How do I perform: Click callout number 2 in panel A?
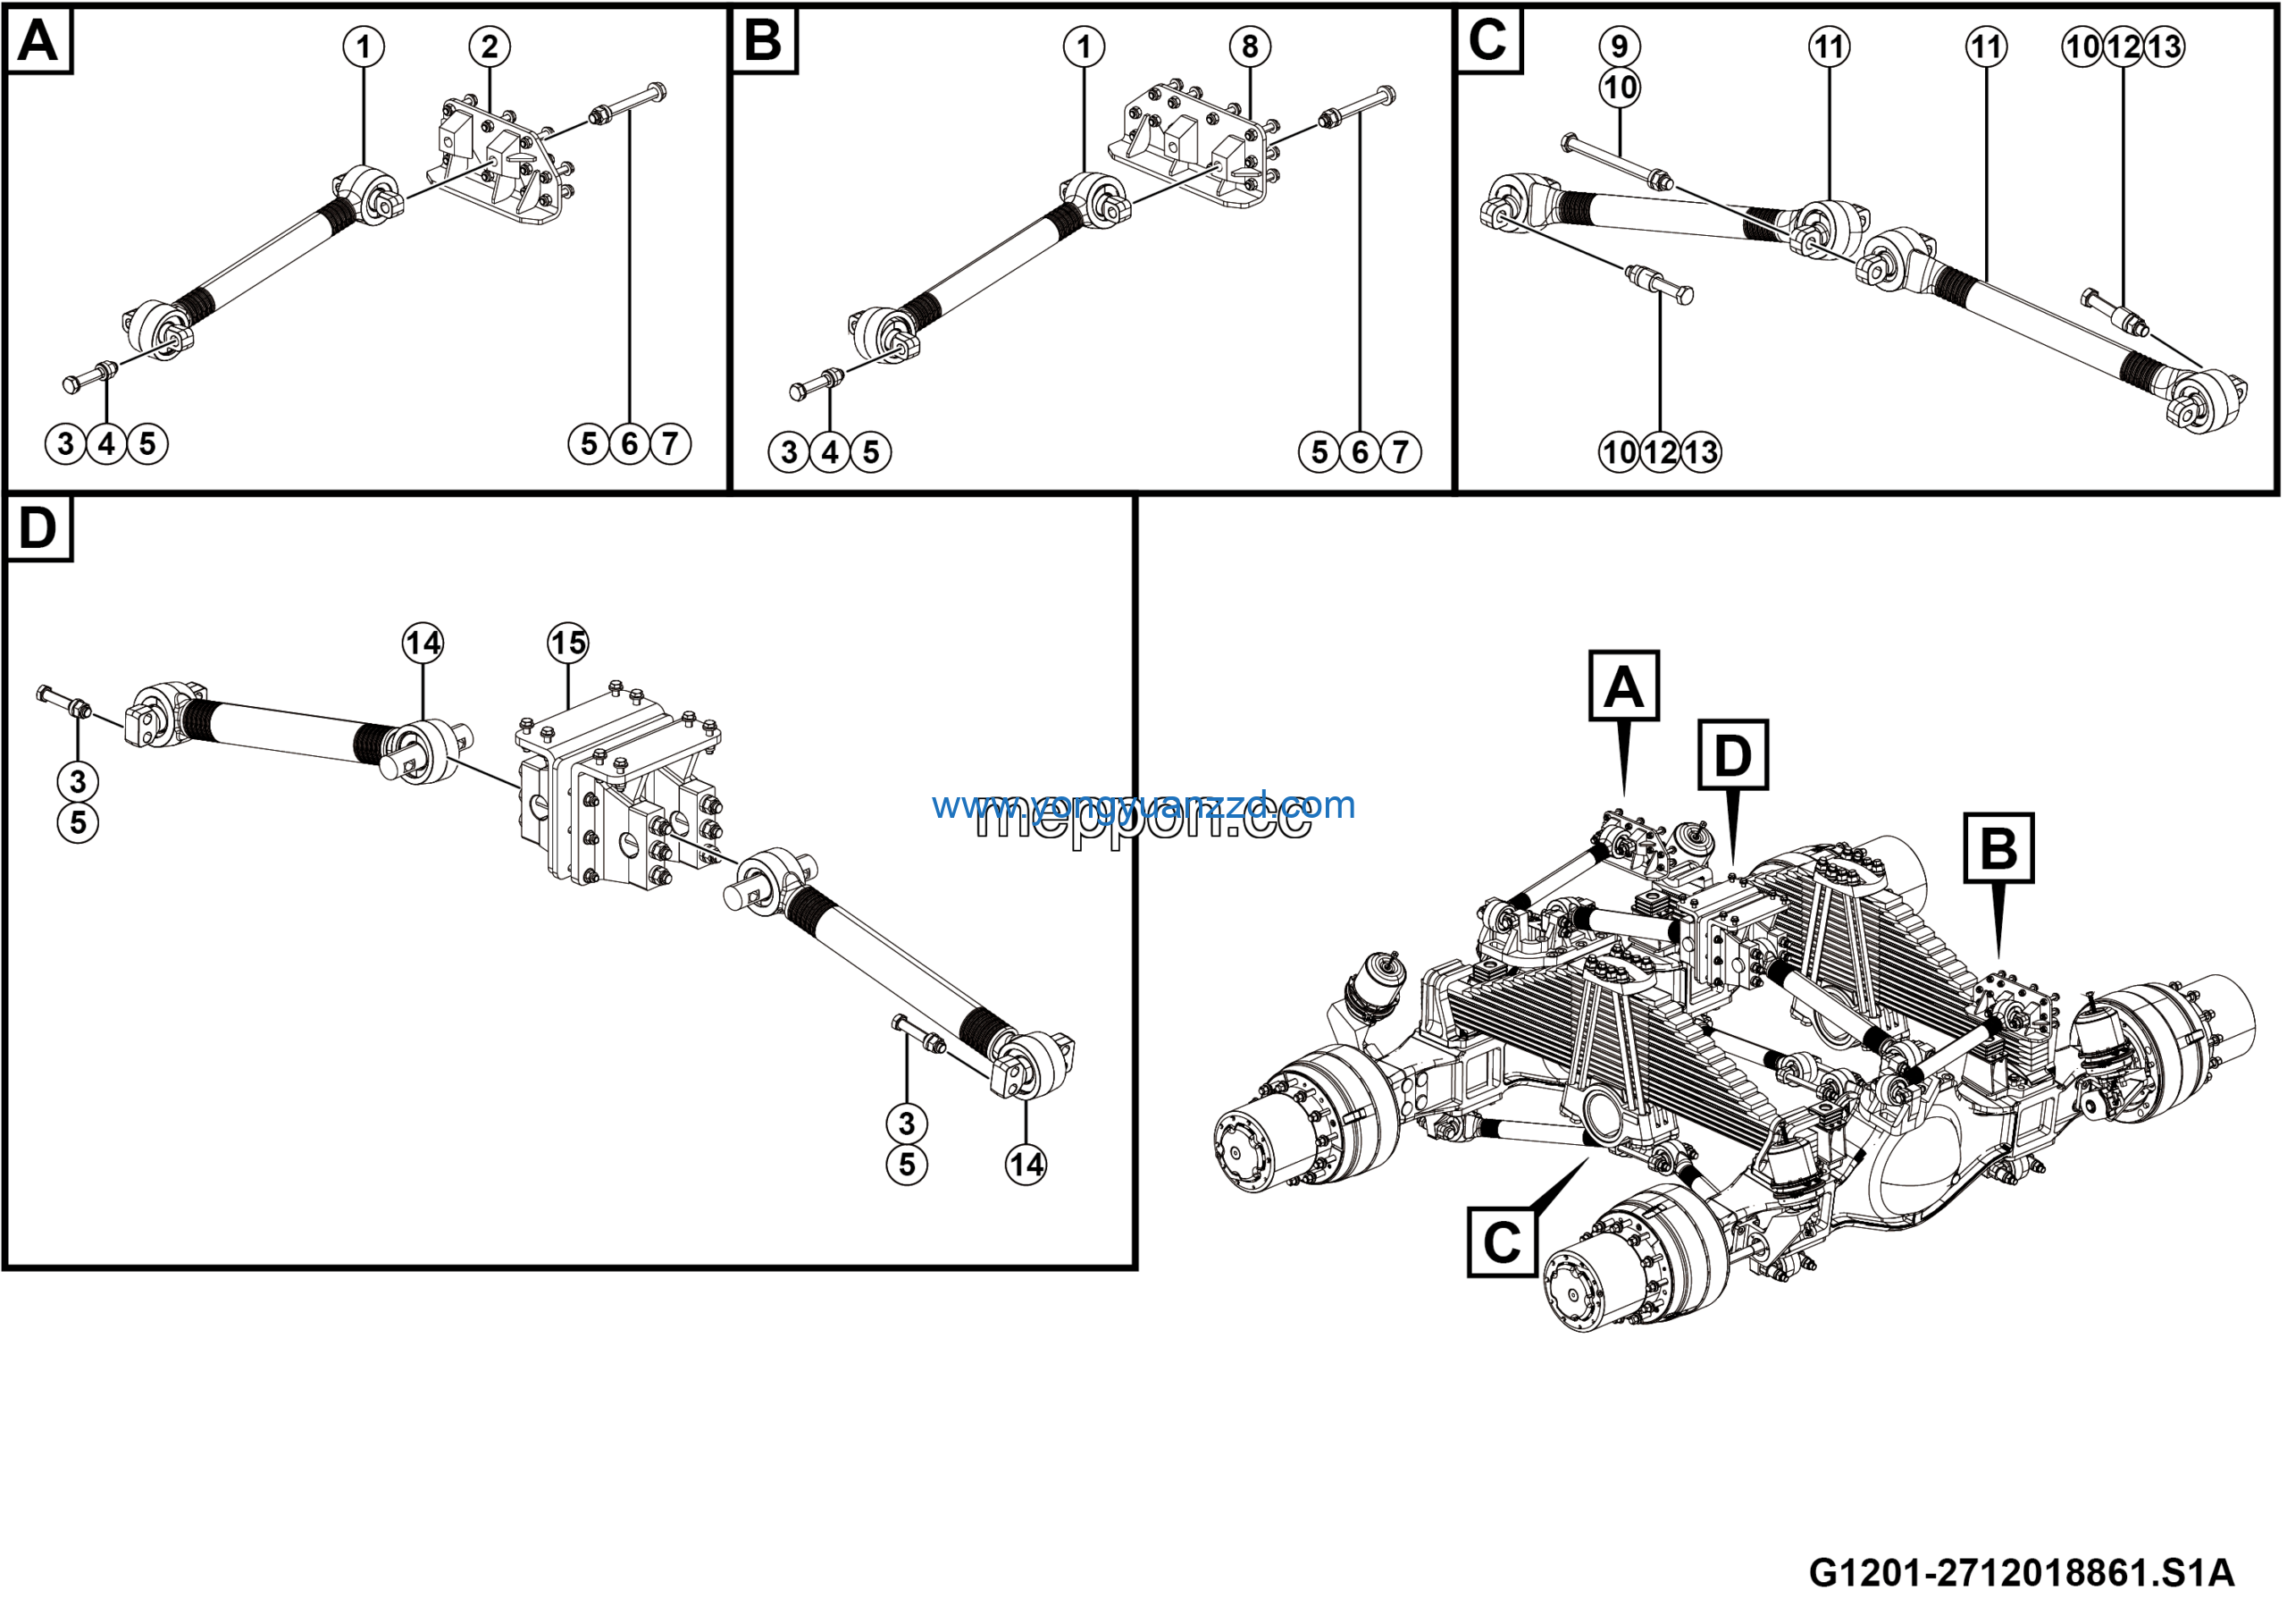(x=489, y=46)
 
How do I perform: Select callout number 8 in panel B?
(x=1250, y=46)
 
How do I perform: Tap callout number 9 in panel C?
(x=1620, y=46)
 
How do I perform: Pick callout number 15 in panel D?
(x=568, y=643)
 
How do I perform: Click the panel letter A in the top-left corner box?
(x=38, y=41)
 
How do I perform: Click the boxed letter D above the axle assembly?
(x=1733, y=755)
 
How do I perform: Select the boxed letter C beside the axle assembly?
(x=1502, y=1242)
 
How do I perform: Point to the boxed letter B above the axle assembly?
(x=1998, y=849)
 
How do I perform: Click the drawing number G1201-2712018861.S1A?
(x=2020, y=1572)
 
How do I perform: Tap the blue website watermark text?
(x=1143, y=804)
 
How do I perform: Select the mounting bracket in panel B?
(x=1190, y=149)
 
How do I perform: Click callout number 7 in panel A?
(x=670, y=443)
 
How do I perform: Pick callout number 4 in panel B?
(x=830, y=452)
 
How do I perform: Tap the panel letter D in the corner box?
(x=38, y=528)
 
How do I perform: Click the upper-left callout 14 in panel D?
(x=423, y=643)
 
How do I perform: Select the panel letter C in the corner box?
(x=1488, y=41)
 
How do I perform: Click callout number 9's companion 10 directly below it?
(x=1620, y=88)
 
